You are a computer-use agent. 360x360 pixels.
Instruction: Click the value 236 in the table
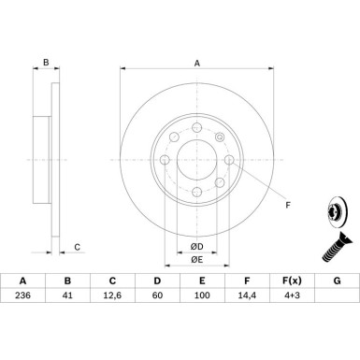coord(22,295)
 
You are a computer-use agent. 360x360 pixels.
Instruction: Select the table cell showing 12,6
coord(112,295)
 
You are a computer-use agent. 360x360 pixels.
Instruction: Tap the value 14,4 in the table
coord(247,295)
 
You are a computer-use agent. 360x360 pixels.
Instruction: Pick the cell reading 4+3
coord(292,295)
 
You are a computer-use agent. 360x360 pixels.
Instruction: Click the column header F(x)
coord(292,281)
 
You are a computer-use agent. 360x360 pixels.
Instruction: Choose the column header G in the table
coord(337,281)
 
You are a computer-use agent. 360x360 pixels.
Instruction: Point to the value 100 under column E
coord(202,295)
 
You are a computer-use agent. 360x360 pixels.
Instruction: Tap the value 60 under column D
coord(157,295)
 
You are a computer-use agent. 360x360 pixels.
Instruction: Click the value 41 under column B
coord(67,295)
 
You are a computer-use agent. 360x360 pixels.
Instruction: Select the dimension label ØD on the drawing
coord(196,247)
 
